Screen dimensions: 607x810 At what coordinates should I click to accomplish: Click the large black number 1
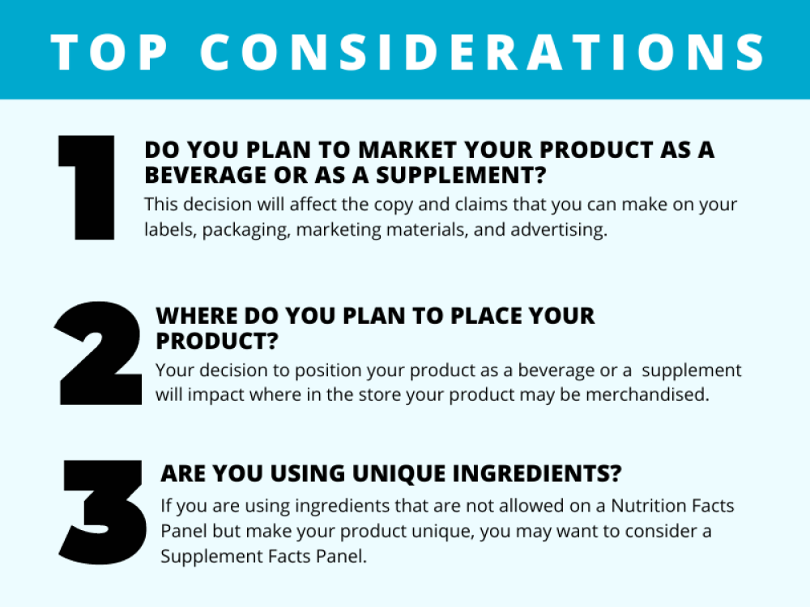pos(87,188)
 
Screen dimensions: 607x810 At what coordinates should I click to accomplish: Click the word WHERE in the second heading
pos(194,315)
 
